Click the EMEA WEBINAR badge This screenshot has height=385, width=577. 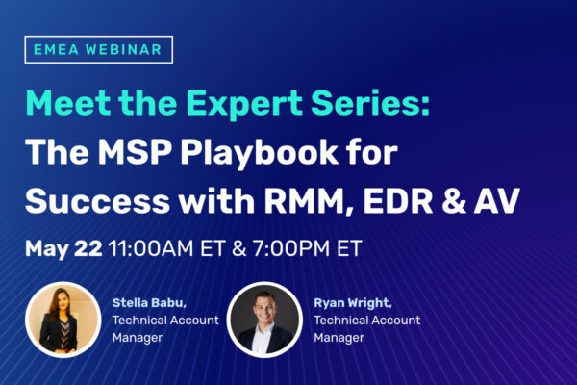coord(99,49)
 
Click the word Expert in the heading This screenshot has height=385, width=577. coord(244,104)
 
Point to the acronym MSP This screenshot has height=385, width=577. coord(135,152)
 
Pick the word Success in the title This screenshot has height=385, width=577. coord(97,201)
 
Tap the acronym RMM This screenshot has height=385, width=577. coord(309,202)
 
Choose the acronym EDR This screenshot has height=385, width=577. coord(398,201)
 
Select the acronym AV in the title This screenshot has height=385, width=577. coord(497,201)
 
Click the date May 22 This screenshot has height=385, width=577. coord(63,249)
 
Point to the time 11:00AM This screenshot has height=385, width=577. coord(151,248)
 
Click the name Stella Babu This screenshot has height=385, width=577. coord(149,303)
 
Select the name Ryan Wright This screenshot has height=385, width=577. coord(353,303)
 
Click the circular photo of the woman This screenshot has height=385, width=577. coord(63,320)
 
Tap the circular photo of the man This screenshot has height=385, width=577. coord(264,320)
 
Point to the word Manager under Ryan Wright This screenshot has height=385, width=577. coord(339,338)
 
